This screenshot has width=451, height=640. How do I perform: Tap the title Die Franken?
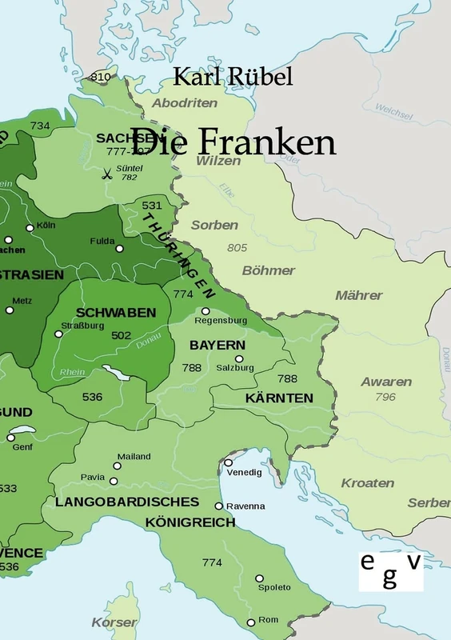pos(233,142)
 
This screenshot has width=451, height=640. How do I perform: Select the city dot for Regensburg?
pos(206,311)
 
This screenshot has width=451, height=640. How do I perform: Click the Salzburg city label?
pos(235,368)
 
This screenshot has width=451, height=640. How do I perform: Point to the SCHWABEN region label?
pos(116,312)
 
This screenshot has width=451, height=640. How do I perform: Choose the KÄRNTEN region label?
pos(279,398)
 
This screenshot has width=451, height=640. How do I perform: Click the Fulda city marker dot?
pos(120,249)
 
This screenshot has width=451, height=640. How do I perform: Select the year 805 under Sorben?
pos(237,247)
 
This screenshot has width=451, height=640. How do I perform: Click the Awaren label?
pos(386,382)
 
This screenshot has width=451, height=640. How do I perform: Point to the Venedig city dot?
pos(229,462)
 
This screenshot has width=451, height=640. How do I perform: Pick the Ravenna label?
pos(246,506)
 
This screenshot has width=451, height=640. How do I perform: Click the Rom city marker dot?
pos(251,622)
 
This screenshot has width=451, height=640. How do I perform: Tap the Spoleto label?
pos(274,587)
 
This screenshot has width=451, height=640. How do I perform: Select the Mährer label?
pos(359,295)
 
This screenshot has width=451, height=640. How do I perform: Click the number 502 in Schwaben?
pos(122,335)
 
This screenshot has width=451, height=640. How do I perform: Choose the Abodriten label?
pos(185,103)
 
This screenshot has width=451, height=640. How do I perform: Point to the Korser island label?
pos(114,622)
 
